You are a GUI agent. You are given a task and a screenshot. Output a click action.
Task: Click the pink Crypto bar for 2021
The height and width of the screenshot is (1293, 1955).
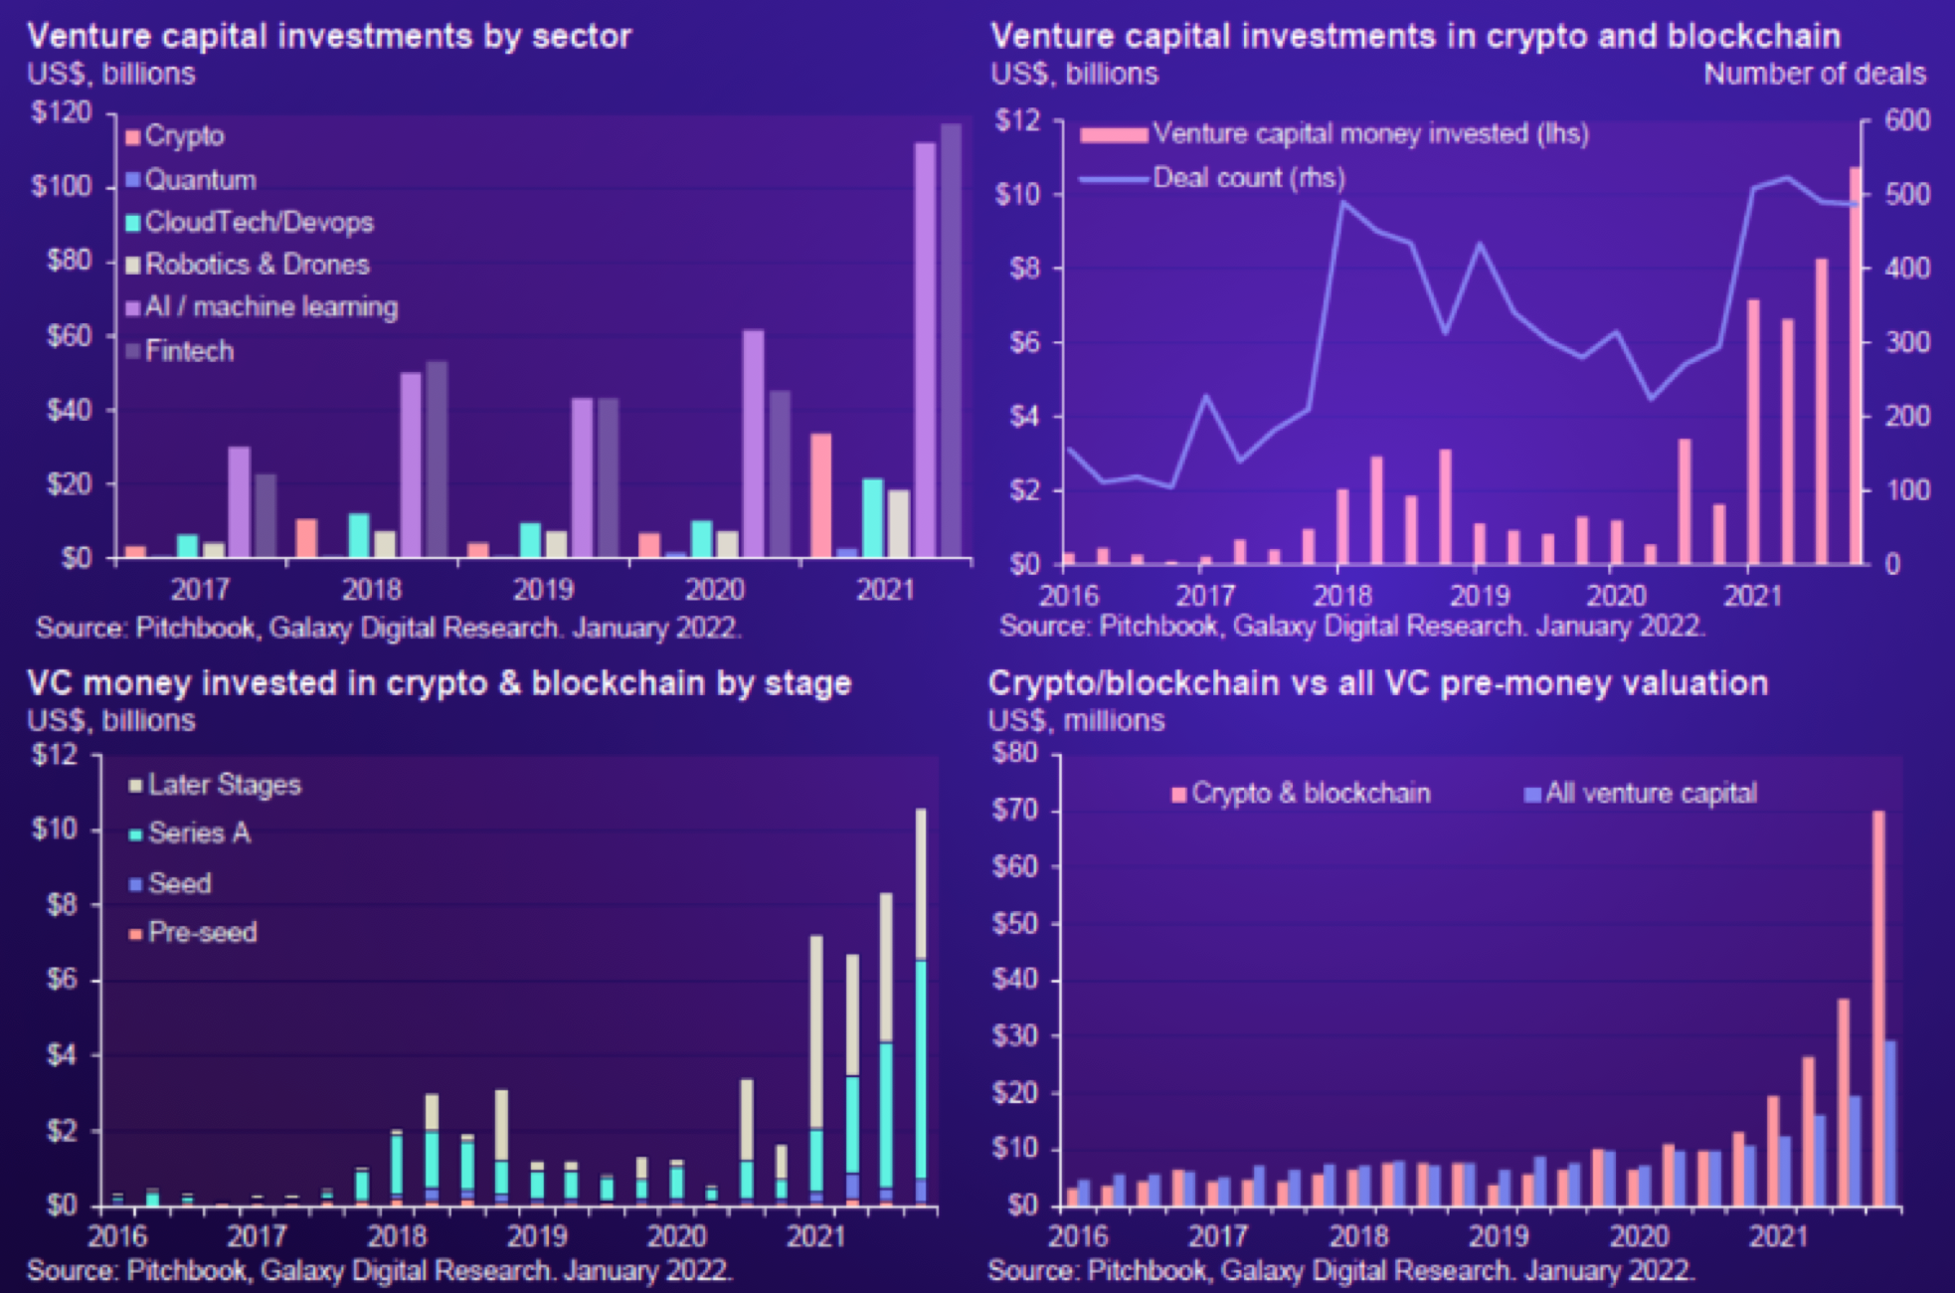click(820, 494)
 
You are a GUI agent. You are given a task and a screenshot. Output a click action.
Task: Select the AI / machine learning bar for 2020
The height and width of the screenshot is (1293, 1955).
click(754, 443)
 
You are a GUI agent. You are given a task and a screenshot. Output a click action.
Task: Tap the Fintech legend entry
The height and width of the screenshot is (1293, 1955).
click(189, 351)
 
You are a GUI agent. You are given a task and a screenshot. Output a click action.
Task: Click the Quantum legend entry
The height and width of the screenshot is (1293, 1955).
click(200, 180)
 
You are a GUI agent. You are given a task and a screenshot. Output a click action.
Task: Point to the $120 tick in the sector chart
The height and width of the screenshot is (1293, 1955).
click(61, 111)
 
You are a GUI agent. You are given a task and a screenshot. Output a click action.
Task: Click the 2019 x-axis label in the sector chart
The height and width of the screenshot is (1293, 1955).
click(543, 590)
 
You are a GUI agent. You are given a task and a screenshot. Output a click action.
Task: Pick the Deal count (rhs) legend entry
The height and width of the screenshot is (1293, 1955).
click(1248, 178)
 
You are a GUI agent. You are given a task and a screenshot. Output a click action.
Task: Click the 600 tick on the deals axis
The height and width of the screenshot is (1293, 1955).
click(1907, 120)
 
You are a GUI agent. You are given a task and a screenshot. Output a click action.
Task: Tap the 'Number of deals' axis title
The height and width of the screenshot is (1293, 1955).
click(1815, 74)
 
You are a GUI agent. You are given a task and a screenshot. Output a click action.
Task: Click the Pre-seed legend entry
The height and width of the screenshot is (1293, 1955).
click(202, 932)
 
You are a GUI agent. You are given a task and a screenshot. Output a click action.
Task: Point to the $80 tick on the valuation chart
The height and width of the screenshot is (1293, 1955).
click(1014, 752)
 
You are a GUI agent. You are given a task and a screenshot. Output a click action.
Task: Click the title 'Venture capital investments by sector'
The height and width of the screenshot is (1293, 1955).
click(329, 36)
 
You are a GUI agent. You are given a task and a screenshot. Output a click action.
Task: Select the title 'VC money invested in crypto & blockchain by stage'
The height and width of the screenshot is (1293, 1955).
click(439, 683)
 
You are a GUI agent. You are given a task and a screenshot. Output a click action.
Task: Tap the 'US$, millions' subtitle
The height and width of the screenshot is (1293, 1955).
click(1076, 720)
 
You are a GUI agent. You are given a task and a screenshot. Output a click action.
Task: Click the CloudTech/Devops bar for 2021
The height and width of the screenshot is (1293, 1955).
click(873, 517)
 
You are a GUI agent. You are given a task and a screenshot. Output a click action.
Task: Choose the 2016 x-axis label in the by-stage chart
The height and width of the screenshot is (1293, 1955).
click(117, 1236)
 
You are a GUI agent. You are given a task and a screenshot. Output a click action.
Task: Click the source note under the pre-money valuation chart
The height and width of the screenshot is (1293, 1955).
click(1340, 1270)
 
